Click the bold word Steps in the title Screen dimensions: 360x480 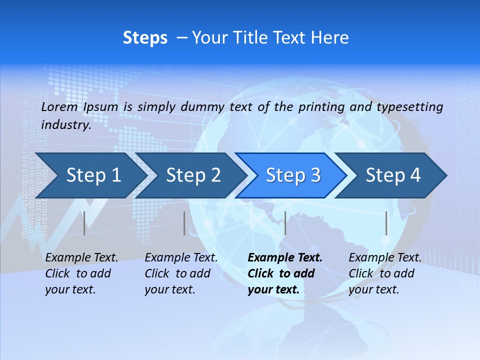point(145,38)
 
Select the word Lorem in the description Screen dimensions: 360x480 point(59,107)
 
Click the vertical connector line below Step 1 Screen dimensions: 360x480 point(84,223)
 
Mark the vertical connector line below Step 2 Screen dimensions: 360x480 point(184,223)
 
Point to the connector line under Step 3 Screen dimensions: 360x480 point(285,223)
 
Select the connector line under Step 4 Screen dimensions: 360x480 point(386,223)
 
